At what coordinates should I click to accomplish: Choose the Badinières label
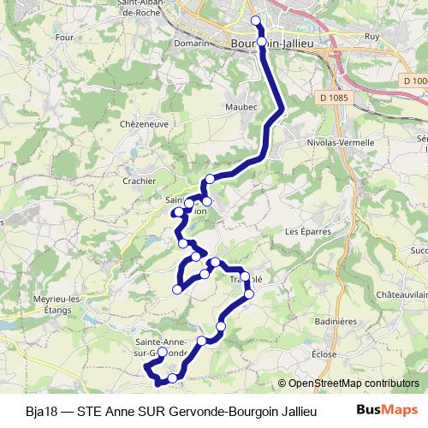(x=335, y=321)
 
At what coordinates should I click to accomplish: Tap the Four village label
(x=63, y=37)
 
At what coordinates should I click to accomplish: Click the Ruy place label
(x=372, y=37)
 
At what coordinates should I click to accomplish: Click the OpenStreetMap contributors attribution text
(x=353, y=383)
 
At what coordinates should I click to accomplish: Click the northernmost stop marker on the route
(x=255, y=21)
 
